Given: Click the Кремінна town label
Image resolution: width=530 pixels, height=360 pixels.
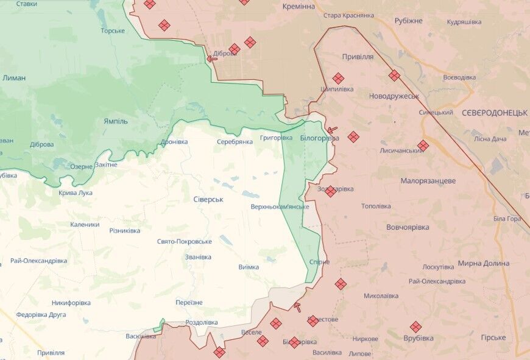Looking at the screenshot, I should (x=299, y=6).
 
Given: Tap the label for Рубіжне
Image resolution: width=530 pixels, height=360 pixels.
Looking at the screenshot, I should (x=408, y=21).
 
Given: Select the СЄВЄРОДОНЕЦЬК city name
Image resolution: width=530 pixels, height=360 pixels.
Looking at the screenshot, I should (x=494, y=113).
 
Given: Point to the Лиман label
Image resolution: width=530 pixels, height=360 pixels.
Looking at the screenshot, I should (x=14, y=78).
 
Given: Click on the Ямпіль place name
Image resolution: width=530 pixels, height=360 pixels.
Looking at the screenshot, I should (x=116, y=121).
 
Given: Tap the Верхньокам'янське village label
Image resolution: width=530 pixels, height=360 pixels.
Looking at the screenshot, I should (x=280, y=207).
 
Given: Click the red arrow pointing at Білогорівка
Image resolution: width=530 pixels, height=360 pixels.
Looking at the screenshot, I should (x=332, y=130).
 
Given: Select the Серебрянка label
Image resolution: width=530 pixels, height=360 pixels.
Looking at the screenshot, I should (x=235, y=141).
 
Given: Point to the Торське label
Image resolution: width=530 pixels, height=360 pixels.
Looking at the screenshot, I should (x=113, y=30).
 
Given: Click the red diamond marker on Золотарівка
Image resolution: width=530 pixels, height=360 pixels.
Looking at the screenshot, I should (x=330, y=191).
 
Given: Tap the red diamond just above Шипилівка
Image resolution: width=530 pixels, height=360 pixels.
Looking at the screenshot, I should (x=338, y=79).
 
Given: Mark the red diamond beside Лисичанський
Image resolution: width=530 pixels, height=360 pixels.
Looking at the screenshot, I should (x=423, y=146).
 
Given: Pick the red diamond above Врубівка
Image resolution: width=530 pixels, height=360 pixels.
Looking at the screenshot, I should (x=415, y=326).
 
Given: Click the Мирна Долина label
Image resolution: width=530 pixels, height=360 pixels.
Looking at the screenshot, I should (x=483, y=263).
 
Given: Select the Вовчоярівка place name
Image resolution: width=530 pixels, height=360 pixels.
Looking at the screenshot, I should (x=408, y=227).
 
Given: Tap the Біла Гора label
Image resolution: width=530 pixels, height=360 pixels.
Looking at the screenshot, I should (x=507, y=219).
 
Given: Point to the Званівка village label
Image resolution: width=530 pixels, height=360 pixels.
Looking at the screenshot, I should (x=199, y=257).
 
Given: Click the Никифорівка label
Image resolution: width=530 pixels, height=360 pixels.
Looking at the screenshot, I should (x=71, y=303).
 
